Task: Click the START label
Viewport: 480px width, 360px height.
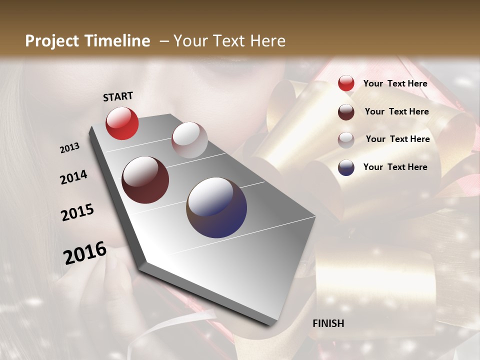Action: coord(118,96)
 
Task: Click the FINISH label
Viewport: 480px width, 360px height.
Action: coord(328,323)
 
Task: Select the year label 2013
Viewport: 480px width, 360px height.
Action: coord(70,148)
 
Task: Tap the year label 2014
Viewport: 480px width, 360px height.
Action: coord(73,177)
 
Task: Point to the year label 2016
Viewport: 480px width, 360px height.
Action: coord(85,252)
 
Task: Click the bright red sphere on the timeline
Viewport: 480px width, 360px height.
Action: coord(122,123)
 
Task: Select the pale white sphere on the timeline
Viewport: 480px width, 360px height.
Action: coord(189,140)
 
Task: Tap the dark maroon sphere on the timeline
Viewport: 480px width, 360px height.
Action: coord(145,180)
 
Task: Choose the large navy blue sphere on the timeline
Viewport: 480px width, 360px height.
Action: coord(216,207)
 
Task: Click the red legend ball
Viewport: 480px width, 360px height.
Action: coord(346,83)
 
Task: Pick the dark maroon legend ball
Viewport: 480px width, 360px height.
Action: coord(346,112)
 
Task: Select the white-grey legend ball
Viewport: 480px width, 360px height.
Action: coord(346,139)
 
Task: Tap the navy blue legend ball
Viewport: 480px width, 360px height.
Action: coord(346,167)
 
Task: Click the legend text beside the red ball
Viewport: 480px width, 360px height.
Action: coord(395,83)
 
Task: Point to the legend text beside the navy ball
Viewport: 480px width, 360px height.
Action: coord(395,167)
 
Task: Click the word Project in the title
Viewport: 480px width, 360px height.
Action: coord(52,41)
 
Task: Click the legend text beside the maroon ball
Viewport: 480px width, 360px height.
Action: coord(396,111)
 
